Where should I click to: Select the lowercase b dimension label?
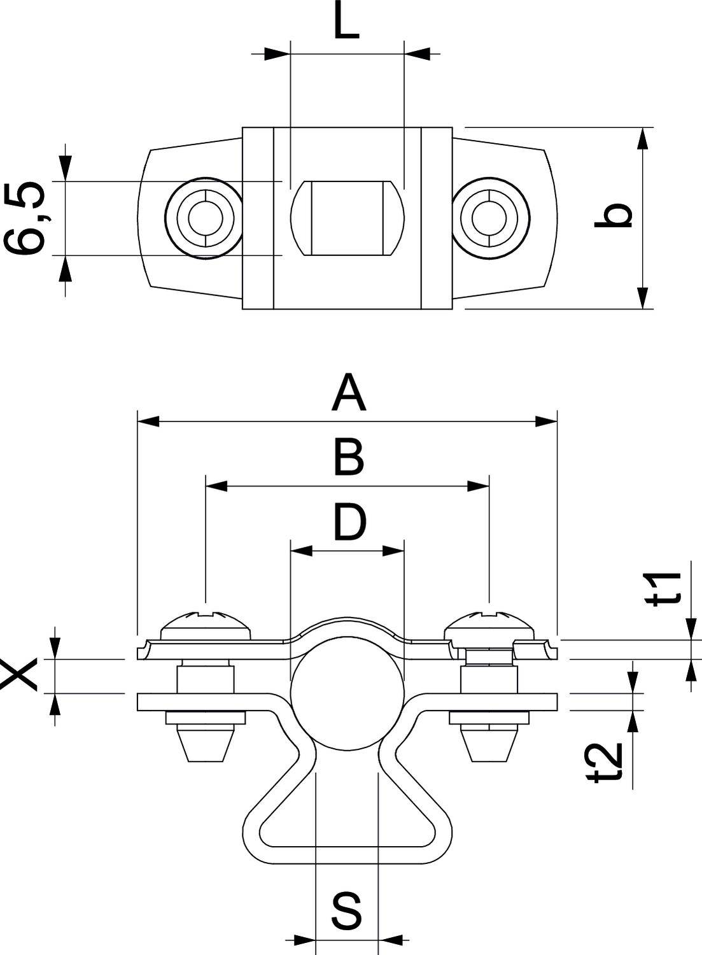(x=613, y=216)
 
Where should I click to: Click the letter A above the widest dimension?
(x=349, y=393)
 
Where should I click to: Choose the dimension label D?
(x=350, y=522)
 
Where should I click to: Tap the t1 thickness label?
(x=668, y=587)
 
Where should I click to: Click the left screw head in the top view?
(x=204, y=218)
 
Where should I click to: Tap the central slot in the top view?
(x=347, y=218)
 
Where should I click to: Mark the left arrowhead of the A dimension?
(x=148, y=421)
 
